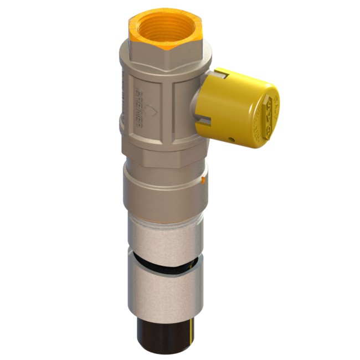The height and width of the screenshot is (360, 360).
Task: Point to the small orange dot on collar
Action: click(x=204, y=180)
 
